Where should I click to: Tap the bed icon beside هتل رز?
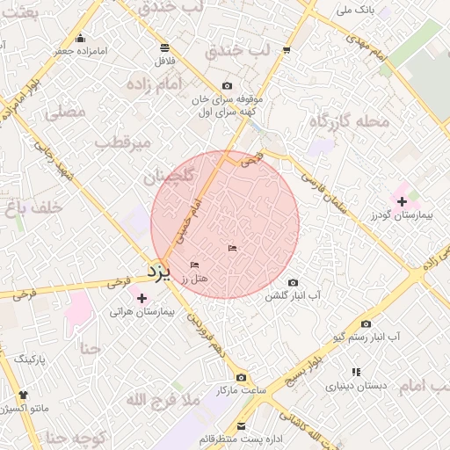195,265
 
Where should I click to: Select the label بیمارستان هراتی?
142,312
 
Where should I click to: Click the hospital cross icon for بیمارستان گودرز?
402,202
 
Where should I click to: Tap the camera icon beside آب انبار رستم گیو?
367,323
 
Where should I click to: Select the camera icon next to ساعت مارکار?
241,377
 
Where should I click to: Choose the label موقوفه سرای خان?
228,99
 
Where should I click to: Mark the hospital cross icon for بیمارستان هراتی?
142,299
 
